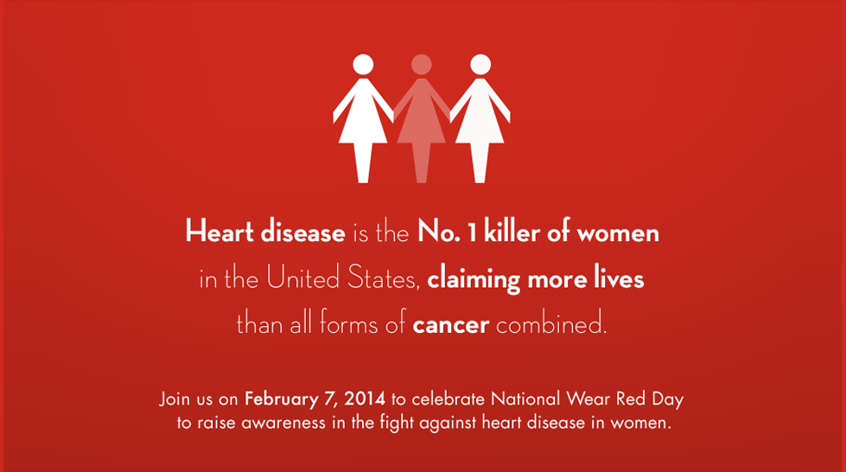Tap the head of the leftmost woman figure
(363, 64)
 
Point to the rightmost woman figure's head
(480, 64)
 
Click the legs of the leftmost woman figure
(363, 163)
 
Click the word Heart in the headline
(219, 231)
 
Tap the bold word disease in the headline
(302, 231)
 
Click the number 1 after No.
(472, 233)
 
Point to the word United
(302, 277)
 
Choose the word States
(384, 277)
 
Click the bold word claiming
(474, 279)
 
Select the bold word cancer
(450, 325)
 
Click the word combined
(551, 323)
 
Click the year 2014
(365, 399)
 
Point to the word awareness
(283, 423)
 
